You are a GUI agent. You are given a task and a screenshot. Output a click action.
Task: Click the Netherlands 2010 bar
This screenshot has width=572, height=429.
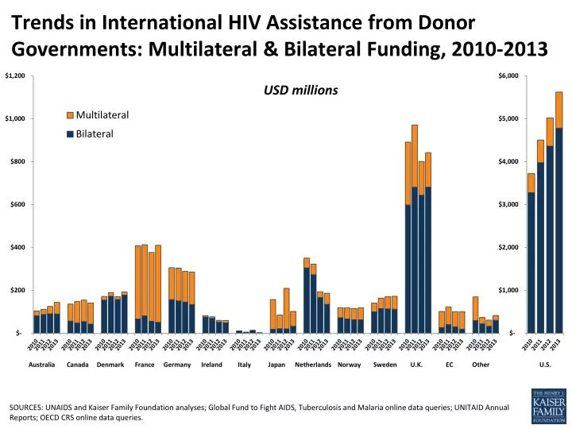tap(307, 295)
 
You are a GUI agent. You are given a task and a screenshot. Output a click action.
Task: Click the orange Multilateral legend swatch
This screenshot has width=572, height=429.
tap(71, 116)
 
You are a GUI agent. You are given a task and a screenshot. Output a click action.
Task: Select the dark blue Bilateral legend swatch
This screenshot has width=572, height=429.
tap(71, 133)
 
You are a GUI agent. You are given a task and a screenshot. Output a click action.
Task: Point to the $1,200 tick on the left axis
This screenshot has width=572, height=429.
tap(15, 76)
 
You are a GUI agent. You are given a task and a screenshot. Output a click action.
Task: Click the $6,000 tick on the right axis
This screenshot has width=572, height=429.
tap(509, 76)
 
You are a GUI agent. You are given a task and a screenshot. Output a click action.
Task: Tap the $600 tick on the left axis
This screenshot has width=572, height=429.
tap(18, 205)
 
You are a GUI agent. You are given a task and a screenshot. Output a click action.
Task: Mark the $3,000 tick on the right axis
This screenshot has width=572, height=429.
tap(509, 205)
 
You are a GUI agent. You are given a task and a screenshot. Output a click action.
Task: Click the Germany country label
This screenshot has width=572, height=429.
tap(176, 365)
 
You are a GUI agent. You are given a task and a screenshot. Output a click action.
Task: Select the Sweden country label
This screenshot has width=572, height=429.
tap(384, 365)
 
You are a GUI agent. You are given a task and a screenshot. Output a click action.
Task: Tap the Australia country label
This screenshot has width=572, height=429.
tap(41, 365)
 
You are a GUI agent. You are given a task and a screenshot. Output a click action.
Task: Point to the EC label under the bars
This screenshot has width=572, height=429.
tap(450, 365)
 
